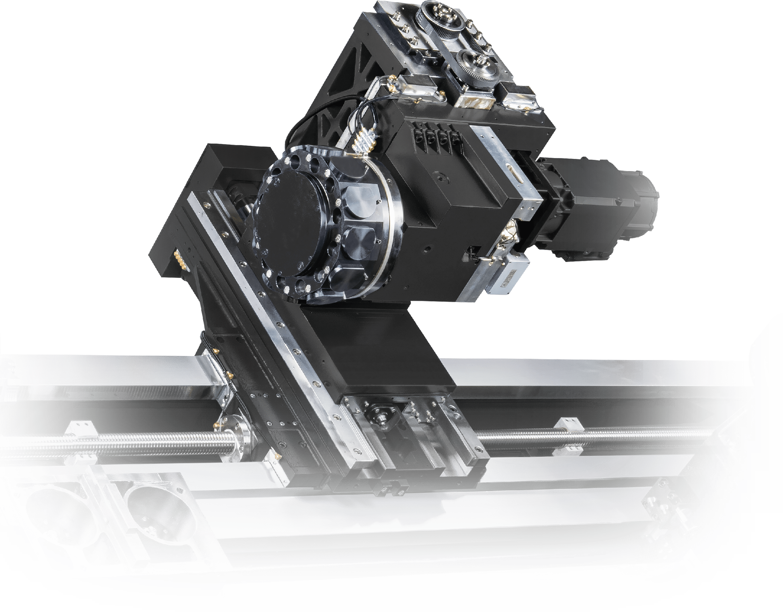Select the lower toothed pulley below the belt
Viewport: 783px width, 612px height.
[x=476, y=66]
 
